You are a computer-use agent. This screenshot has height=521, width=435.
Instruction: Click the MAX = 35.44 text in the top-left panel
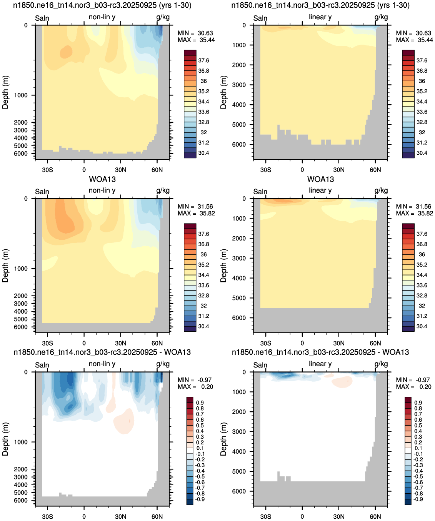pos(196,40)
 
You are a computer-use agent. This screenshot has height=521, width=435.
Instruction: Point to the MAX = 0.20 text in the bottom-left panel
pos(195,386)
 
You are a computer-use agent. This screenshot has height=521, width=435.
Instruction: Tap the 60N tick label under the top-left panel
pos(157,170)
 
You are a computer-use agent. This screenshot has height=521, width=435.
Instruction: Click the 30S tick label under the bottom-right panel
pos(265,516)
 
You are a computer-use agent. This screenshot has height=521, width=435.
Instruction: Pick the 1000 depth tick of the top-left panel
pos(21,95)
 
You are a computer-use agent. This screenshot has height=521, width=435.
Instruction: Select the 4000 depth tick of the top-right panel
pos(239,105)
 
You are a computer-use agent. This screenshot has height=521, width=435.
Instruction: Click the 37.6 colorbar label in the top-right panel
pos(422,60)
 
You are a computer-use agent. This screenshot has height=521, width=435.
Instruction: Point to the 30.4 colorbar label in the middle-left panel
pos(203,326)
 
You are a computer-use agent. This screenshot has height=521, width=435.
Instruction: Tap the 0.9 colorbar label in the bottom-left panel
pos(200,403)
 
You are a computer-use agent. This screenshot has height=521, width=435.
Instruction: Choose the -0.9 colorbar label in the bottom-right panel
pos(418,499)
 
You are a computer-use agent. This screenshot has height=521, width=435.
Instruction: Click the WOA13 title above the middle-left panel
pos(102,179)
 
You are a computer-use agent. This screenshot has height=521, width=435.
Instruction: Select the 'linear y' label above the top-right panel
pos(320,17)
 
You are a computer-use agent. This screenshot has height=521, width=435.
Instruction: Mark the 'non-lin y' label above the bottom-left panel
pos(102,364)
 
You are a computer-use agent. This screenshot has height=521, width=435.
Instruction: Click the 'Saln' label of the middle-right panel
pos(260,192)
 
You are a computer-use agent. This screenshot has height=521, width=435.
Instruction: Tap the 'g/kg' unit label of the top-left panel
pos(163,17)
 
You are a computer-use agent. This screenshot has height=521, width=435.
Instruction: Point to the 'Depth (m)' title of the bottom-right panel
pos(223,439)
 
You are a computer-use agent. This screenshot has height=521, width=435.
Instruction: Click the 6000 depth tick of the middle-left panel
pos(21,327)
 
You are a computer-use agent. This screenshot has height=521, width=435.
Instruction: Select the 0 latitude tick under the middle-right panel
pos(302,343)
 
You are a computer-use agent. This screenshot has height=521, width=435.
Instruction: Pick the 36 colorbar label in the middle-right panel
pos(422,254)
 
